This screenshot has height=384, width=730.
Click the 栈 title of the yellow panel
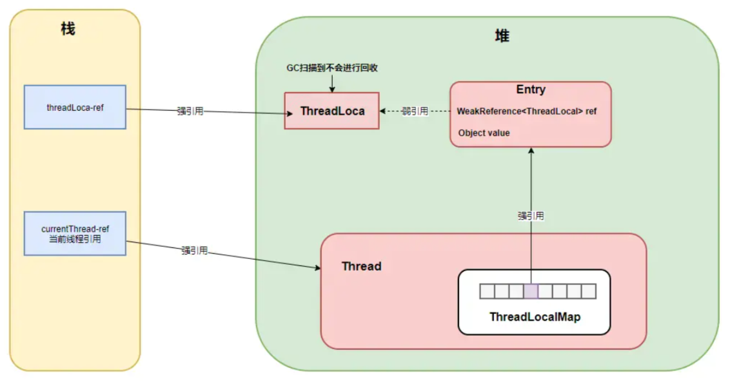[x=68, y=29]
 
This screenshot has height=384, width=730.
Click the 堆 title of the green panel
[x=502, y=35]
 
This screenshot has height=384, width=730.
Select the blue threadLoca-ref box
[x=75, y=107]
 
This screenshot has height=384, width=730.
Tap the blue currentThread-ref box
[x=75, y=233]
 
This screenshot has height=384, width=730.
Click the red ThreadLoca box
[x=332, y=111]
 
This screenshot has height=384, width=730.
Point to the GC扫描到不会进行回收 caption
[x=332, y=68]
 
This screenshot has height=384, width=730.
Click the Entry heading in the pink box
[x=531, y=90]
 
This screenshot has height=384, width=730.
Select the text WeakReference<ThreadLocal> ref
[x=527, y=111]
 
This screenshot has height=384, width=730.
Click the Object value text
[x=484, y=133]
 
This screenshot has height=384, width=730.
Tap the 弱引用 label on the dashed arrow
[x=415, y=111]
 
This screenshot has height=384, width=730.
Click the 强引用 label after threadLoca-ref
[x=190, y=111]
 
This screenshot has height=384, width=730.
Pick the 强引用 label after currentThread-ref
[x=195, y=251]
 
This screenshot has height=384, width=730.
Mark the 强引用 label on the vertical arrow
[x=531, y=216]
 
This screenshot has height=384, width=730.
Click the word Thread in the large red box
[x=361, y=266]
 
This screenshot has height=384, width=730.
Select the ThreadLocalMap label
[x=535, y=317]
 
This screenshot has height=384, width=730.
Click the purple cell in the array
[x=531, y=291]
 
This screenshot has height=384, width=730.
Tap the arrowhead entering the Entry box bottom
[x=531, y=150]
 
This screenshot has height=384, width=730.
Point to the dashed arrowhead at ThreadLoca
[x=382, y=111]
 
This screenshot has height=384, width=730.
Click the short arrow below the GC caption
[x=332, y=83]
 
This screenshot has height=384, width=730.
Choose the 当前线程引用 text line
[x=75, y=239]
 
